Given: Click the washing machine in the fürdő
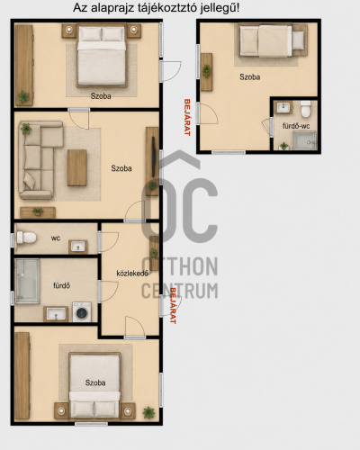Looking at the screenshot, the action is point(82,312).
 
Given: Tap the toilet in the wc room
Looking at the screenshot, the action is point(26,238).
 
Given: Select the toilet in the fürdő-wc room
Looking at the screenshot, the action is point(306,109).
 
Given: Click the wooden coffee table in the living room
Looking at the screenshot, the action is point(77,167).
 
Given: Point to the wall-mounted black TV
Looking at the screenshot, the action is point(154,157).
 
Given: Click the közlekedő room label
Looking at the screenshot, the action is point(132,274).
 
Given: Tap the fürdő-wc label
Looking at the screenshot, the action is point(296,126).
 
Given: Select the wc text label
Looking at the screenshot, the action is point(56,238).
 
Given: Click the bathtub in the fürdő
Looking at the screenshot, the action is point(27,281).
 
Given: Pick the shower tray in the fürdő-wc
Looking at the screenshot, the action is point(304,140).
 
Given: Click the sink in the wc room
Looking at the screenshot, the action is point(78,247).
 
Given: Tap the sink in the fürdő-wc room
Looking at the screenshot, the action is point(283,107).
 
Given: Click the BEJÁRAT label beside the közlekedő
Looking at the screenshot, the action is point(173,305).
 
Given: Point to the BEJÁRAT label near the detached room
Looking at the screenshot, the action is point(187,117).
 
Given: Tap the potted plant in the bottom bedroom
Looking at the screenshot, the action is point(148,413).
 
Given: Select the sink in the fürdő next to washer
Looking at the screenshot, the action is point(56,314).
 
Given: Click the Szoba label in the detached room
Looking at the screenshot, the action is point(249,77).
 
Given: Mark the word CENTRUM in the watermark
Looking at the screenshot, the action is point(179,291).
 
